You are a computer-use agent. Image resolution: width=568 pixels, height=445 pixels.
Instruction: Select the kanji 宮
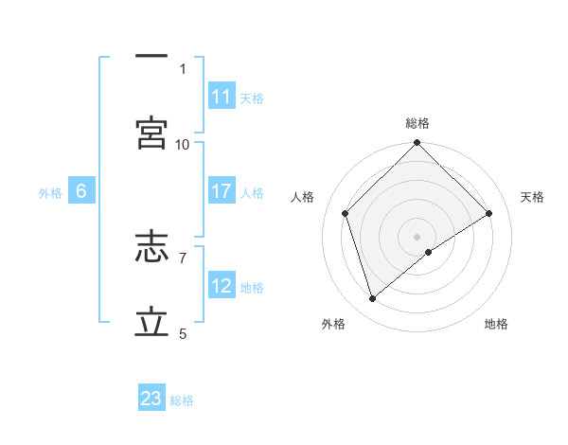tap(151, 133)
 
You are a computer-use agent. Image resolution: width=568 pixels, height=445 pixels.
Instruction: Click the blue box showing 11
tap(222, 98)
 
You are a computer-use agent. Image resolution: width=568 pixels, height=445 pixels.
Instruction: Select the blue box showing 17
tap(222, 191)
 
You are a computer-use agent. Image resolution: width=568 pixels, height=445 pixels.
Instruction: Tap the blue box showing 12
tap(222, 286)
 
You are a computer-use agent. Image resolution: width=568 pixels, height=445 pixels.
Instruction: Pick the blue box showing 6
tap(81, 191)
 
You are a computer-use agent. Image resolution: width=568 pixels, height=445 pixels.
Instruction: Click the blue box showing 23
tap(151, 399)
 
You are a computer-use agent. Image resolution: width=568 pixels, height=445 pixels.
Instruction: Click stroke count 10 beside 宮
tap(183, 144)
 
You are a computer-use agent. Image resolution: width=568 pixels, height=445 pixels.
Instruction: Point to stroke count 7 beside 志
tap(183, 257)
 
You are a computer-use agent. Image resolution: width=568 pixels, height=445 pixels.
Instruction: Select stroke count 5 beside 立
tap(183, 333)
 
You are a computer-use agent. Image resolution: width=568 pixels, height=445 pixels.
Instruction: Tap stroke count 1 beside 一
tap(183, 68)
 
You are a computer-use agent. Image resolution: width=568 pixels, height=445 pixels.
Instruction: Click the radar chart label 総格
tap(417, 123)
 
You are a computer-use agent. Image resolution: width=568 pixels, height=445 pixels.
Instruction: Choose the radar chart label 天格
tap(532, 197)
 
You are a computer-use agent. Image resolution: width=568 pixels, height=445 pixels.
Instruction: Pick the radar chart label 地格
tap(496, 324)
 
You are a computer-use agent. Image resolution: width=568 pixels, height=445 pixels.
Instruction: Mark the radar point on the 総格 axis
tap(417, 144)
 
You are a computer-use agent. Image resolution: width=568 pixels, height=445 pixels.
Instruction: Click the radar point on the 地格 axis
tap(429, 252)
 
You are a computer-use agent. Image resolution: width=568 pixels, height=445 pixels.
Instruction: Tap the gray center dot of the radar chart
tap(417, 236)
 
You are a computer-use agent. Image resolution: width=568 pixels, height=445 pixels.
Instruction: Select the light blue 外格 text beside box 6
tap(50, 192)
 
